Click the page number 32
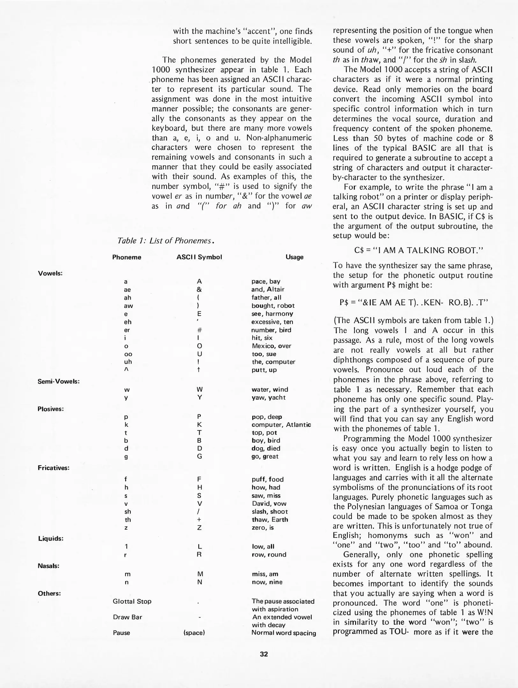(264, 654)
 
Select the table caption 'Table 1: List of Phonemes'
(165, 240)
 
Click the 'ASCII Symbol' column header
(199, 257)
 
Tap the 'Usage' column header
(294, 257)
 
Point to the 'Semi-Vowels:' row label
(59, 381)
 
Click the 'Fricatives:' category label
(54, 468)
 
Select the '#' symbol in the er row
(199, 330)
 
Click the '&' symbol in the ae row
(199, 290)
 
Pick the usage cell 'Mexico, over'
(271, 346)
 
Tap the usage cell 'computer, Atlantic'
(281, 425)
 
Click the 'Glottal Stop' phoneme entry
(132, 601)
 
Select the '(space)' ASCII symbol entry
(194, 633)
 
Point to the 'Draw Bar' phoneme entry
(128, 617)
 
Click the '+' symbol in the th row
(199, 520)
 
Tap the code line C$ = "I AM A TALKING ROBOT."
(419, 250)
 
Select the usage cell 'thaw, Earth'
(270, 520)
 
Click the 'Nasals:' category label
(48, 566)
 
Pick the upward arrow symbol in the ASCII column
(199, 370)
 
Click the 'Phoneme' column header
(127, 257)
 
